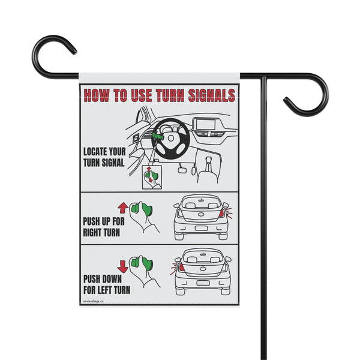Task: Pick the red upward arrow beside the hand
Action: (122, 208)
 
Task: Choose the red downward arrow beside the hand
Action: (122, 265)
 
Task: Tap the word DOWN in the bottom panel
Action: (113, 277)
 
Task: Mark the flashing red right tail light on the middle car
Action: (222, 213)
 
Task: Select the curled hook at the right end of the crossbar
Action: (310, 96)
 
